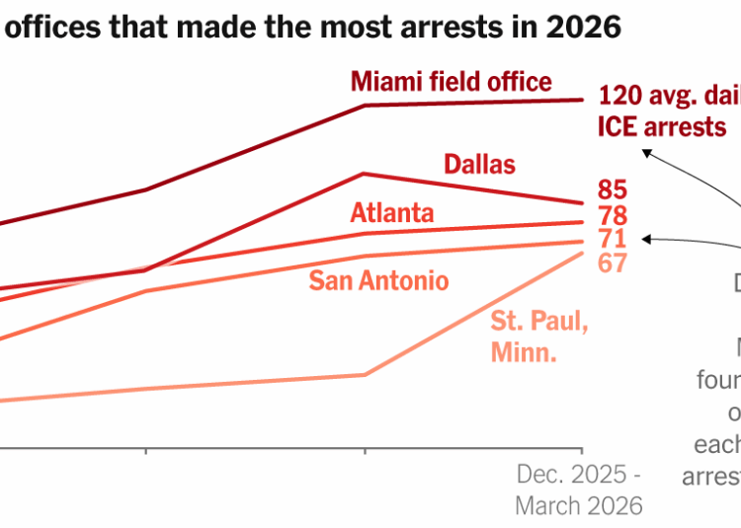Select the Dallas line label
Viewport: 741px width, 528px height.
479,163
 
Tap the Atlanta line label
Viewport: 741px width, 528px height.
392,212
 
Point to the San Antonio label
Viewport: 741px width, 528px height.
378,280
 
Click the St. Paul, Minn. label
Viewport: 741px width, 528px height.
539,337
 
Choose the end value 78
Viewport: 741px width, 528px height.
613,214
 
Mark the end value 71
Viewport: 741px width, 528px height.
612,239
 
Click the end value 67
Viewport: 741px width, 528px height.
613,264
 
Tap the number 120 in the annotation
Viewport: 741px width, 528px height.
618,96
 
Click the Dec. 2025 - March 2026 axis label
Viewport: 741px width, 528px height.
578,490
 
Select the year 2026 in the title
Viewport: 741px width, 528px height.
588,28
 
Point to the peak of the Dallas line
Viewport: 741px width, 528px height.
366,174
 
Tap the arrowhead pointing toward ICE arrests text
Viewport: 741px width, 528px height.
644,151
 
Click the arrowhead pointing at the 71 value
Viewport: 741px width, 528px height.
644,238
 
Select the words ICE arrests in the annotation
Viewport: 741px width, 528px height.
662,126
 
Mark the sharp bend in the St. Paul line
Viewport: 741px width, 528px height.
366,374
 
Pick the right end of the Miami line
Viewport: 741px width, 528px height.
581,100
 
